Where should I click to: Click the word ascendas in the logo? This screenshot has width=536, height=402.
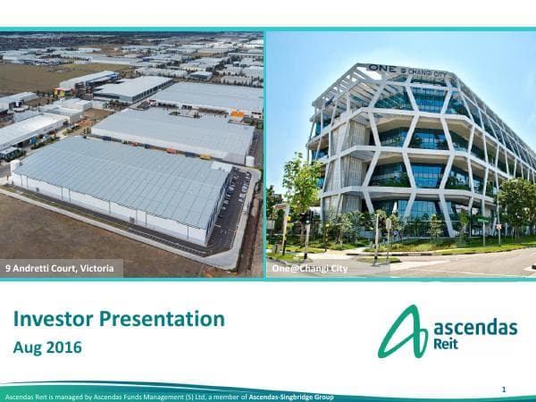click(x=474, y=328)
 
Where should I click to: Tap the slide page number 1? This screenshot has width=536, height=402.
click(x=504, y=389)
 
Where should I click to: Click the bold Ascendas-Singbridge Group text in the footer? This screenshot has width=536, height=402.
click(x=291, y=396)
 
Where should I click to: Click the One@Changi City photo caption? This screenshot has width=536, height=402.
click(x=309, y=267)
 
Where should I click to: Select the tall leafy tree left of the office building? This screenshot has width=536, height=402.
click(x=298, y=183)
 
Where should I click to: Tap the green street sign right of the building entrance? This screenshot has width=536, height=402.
click(x=483, y=219)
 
